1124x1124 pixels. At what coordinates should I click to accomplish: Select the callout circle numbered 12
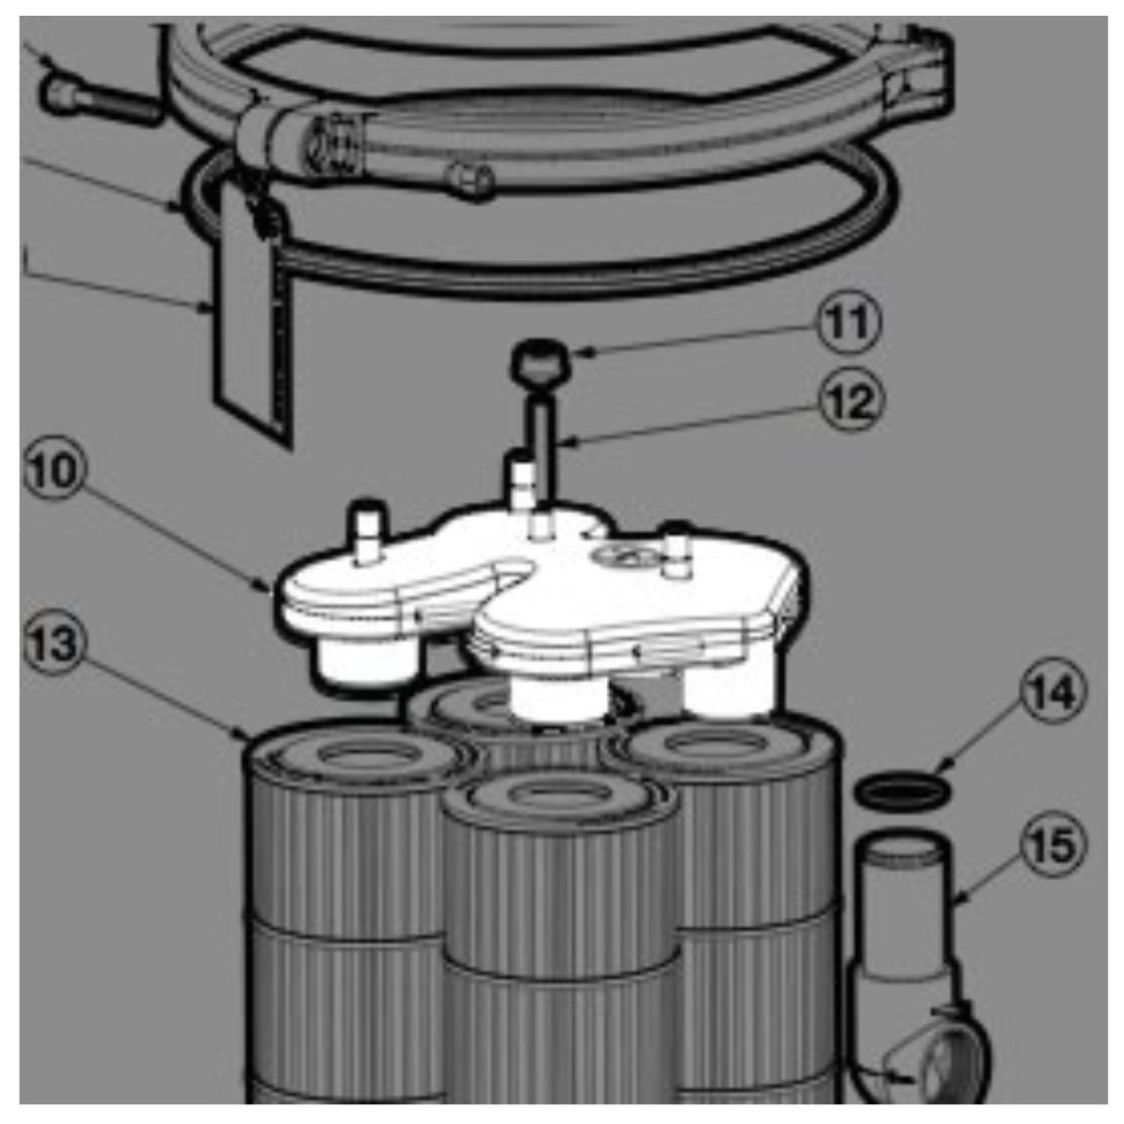(x=851, y=402)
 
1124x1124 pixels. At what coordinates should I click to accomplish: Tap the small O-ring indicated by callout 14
(x=902, y=791)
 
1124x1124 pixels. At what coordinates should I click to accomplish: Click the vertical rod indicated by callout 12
(x=543, y=446)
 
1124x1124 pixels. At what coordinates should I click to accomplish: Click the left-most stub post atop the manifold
(x=366, y=531)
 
